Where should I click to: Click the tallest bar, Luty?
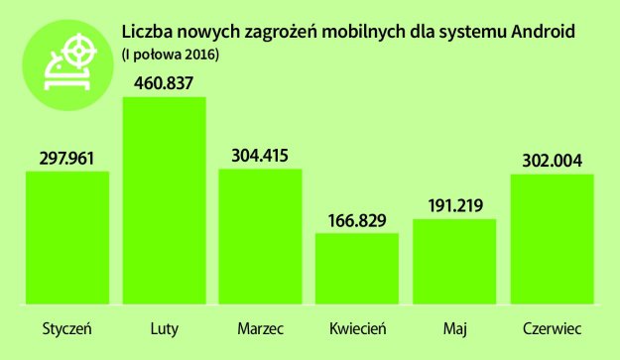164,198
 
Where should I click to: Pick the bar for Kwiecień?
357,268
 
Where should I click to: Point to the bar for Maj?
454,261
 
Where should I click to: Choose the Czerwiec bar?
552,238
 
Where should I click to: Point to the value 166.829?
357,219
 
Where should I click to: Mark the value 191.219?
454,205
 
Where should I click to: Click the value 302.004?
552,159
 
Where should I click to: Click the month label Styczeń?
66,328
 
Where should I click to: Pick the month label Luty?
164,327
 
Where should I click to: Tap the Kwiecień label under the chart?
357,327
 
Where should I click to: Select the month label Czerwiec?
552,327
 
